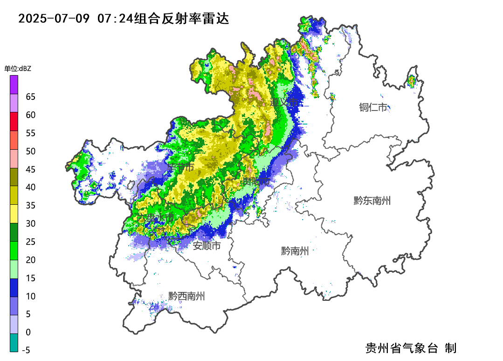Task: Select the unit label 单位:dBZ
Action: coord(18,69)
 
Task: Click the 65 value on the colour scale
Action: coord(31,97)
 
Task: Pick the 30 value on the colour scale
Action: coord(31,223)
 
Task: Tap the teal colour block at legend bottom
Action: coord(14,342)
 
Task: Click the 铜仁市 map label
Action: coord(373,107)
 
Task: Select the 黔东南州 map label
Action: coord(372,201)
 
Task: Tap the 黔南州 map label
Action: coord(295,251)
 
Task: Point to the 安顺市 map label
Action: coord(207,246)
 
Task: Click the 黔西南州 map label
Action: coord(186,296)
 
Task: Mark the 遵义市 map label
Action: coord(284,102)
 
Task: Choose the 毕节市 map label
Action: coord(180,167)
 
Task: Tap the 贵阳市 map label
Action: coord(255,180)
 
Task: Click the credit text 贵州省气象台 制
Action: coord(411,348)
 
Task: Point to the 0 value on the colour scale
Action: coord(28,332)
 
